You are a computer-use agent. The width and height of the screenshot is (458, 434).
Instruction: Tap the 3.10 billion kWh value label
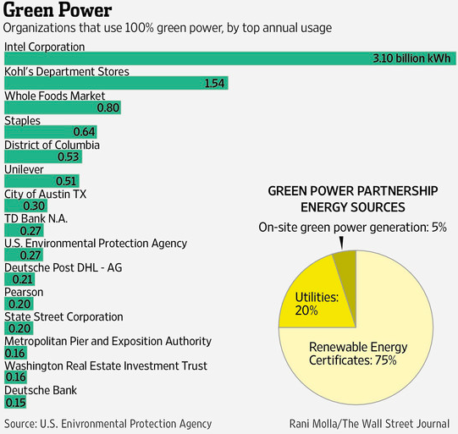click(x=410, y=58)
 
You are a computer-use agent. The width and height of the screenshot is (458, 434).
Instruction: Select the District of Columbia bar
click(x=42, y=157)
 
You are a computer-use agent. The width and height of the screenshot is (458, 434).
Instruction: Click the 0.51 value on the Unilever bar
click(x=66, y=181)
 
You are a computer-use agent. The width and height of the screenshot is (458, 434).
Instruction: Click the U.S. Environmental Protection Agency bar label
click(x=96, y=243)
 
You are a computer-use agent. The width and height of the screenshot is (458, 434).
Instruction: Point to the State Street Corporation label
click(x=63, y=316)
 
